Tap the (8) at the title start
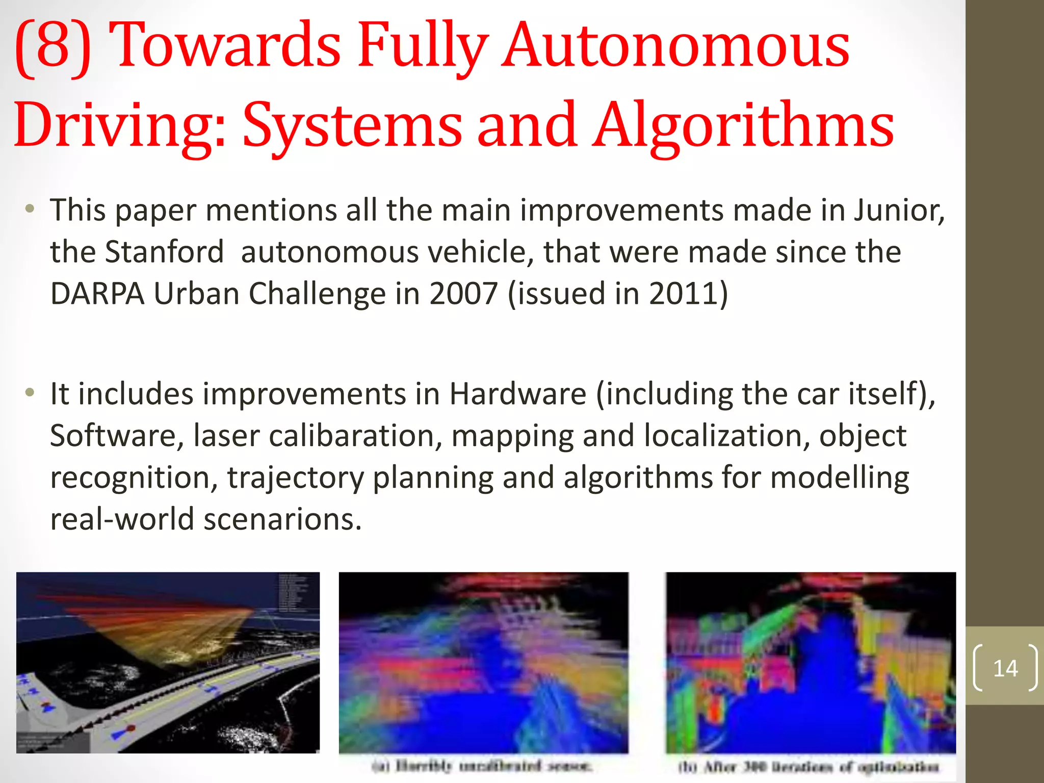pos(53,47)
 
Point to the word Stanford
pos(164,252)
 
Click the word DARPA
pos(97,294)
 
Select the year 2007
pos(463,294)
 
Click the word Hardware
pos(517,394)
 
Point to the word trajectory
pos(296,478)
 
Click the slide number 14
pos(1005,668)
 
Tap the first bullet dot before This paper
pos(30,209)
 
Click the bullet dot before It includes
pos(30,393)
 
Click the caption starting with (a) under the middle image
pos(482,766)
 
